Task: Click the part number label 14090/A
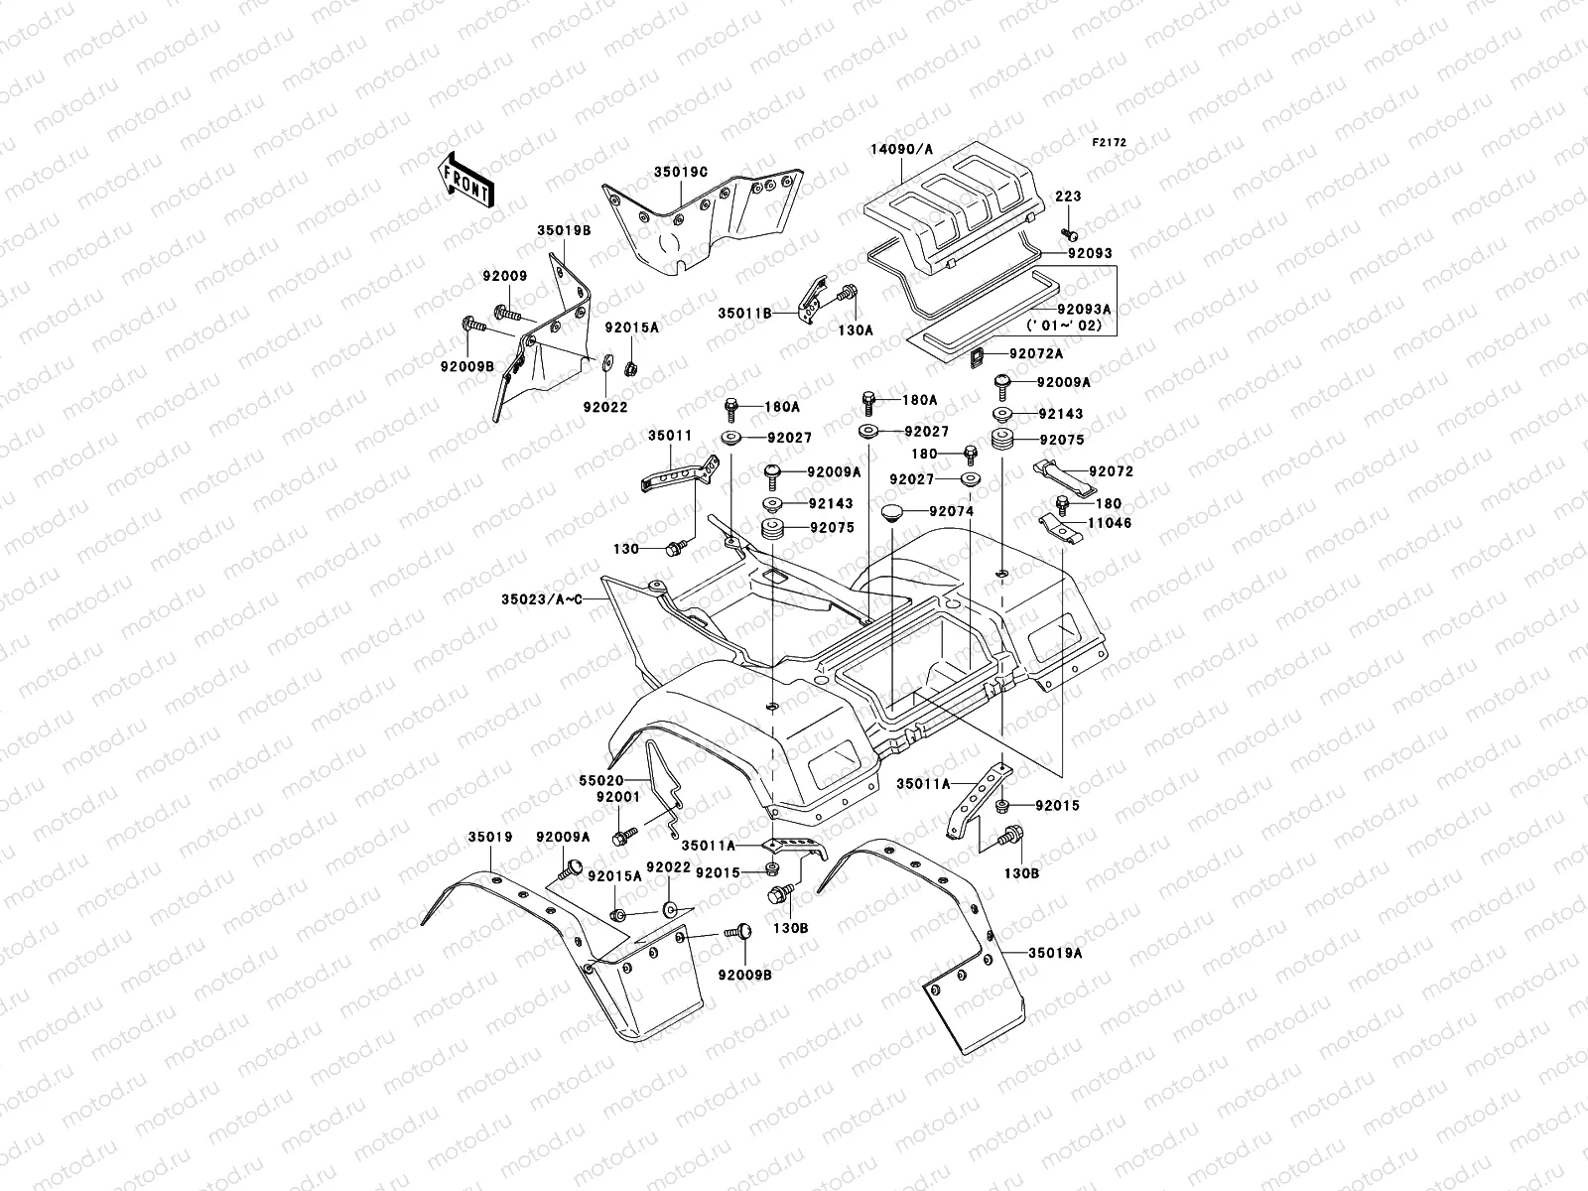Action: [x=901, y=150]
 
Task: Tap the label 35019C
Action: [x=681, y=172]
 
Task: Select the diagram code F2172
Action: [x=1109, y=143]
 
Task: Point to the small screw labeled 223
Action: [x=1069, y=234]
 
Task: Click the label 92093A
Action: [x=1084, y=309]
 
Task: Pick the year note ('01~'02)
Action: [x=1064, y=326]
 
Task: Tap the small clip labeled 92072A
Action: [x=977, y=356]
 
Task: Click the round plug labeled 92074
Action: [x=894, y=513]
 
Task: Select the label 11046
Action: [x=1110, y=523]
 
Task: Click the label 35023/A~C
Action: [x=542, y=599]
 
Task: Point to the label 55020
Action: [x=601, y=781]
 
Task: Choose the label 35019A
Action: [x=1056, y=953]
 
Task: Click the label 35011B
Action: [x=744, y=314]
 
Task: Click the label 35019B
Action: [x=564, y=230]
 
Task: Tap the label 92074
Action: [x=952, y=511]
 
